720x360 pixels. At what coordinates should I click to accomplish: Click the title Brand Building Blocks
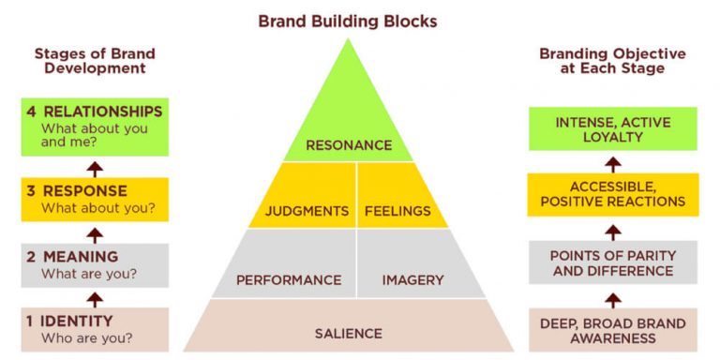348,20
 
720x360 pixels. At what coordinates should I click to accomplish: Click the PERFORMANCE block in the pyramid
288,279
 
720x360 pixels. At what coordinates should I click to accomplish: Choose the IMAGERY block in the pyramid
412,279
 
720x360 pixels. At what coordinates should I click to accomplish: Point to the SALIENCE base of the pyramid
348,333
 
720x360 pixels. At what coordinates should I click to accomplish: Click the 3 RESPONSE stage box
94,199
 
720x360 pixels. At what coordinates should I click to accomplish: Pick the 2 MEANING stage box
94,264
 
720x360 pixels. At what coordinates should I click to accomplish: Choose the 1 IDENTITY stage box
94,329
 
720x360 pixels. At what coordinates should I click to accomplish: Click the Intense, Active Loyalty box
612,129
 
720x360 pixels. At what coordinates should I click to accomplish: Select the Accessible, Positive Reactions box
612,194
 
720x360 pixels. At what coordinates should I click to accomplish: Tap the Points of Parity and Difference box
612,263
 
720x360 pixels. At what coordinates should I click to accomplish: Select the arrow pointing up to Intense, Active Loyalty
612,161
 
